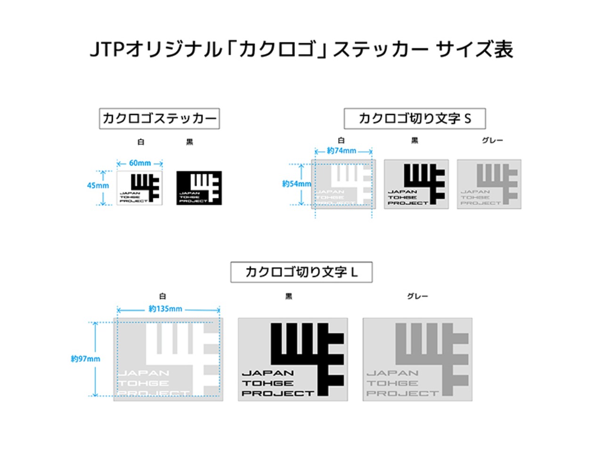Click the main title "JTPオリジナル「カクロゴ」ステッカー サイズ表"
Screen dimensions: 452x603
(x=301, y=49)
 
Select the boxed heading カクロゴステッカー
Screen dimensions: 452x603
(x=159, y=118)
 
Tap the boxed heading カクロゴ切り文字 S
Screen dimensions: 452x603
(x=415, y=118)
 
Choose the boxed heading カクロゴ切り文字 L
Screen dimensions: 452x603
(x=301, y=272)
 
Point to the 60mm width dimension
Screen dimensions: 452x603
(x=140, y=163)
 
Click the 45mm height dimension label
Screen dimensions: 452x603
(x=98, y=186)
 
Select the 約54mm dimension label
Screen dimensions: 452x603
(x=296, y=184)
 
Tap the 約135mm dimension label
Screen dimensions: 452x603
(x=165, y=309)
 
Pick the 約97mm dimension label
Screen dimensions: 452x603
(x=85, y=359)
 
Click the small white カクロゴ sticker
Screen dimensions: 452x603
(x=139, y=188)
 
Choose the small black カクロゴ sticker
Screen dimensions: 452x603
(x=199, y=188)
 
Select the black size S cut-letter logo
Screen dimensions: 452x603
(x=416, y=184)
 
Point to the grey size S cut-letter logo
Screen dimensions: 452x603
(x=489, y=184)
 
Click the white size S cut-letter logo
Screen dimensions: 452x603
(x=343, y=184)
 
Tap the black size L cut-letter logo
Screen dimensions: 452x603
(x=293, y=359)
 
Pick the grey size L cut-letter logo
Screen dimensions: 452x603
(x=417, y=359)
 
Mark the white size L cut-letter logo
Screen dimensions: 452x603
(x=168, y=359)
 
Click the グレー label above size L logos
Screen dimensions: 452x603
(x=417, y=296)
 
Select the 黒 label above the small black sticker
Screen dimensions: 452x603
(x=189, y=142)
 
